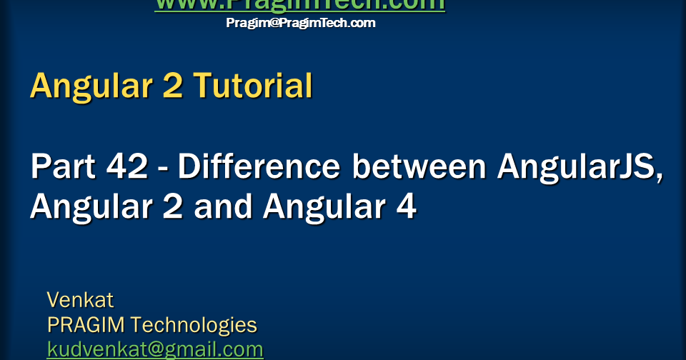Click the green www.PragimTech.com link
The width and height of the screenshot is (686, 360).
[x=299, y=5]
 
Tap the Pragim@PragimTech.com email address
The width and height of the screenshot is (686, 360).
[x=300, y=23]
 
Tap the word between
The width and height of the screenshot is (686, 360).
[x=417, y=167]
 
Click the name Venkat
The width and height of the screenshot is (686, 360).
[x=80, y=299]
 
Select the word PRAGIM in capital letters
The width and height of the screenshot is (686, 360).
[x=86, y=325]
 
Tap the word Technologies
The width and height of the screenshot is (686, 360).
[x=194, y=326]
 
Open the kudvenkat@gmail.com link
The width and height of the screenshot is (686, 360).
[x=155, y=350]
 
